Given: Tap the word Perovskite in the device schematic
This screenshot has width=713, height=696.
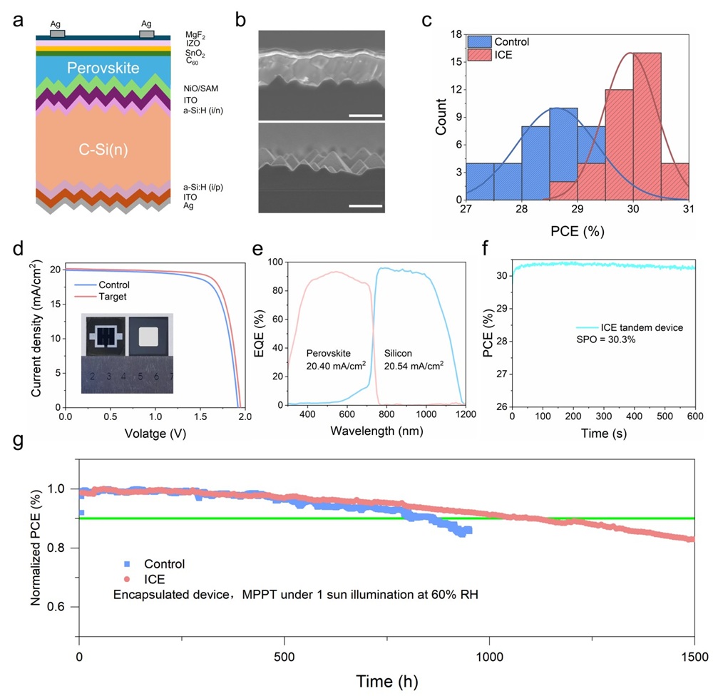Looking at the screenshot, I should (x=103, y=68).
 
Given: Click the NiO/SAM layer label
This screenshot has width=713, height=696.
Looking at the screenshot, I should (x=200, y=88).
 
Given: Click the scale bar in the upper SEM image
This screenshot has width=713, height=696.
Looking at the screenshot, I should (x=365, y=115).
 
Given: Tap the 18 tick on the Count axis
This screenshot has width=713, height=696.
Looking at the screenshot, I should (x=452, y=34).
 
